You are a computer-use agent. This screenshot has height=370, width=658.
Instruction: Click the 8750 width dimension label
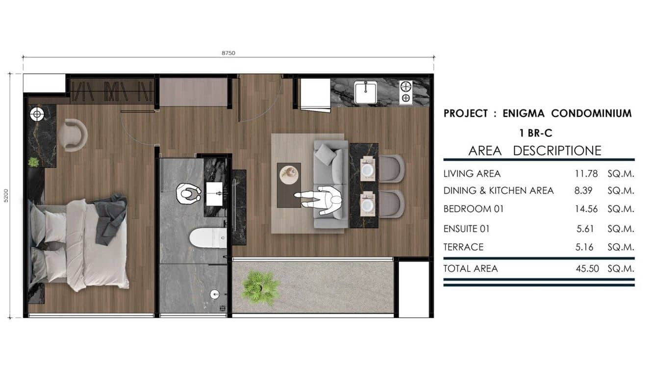228,53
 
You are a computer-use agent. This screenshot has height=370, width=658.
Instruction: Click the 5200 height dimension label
6,195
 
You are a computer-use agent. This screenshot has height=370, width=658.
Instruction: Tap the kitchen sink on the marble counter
365,92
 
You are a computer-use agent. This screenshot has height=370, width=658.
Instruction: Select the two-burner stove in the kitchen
405,92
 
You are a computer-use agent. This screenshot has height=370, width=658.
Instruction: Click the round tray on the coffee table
289,172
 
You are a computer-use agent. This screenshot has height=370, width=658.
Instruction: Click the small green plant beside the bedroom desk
33,161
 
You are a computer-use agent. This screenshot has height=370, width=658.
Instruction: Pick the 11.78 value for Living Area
586,174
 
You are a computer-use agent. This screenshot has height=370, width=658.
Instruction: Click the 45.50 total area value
587,268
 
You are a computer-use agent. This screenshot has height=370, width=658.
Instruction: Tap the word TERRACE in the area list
463,247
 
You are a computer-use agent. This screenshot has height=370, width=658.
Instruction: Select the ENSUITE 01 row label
466,229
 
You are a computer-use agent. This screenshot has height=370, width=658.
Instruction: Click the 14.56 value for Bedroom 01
586,209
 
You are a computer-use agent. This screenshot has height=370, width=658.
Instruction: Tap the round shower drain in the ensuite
214,294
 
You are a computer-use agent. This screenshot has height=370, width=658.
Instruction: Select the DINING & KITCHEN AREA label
499,191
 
